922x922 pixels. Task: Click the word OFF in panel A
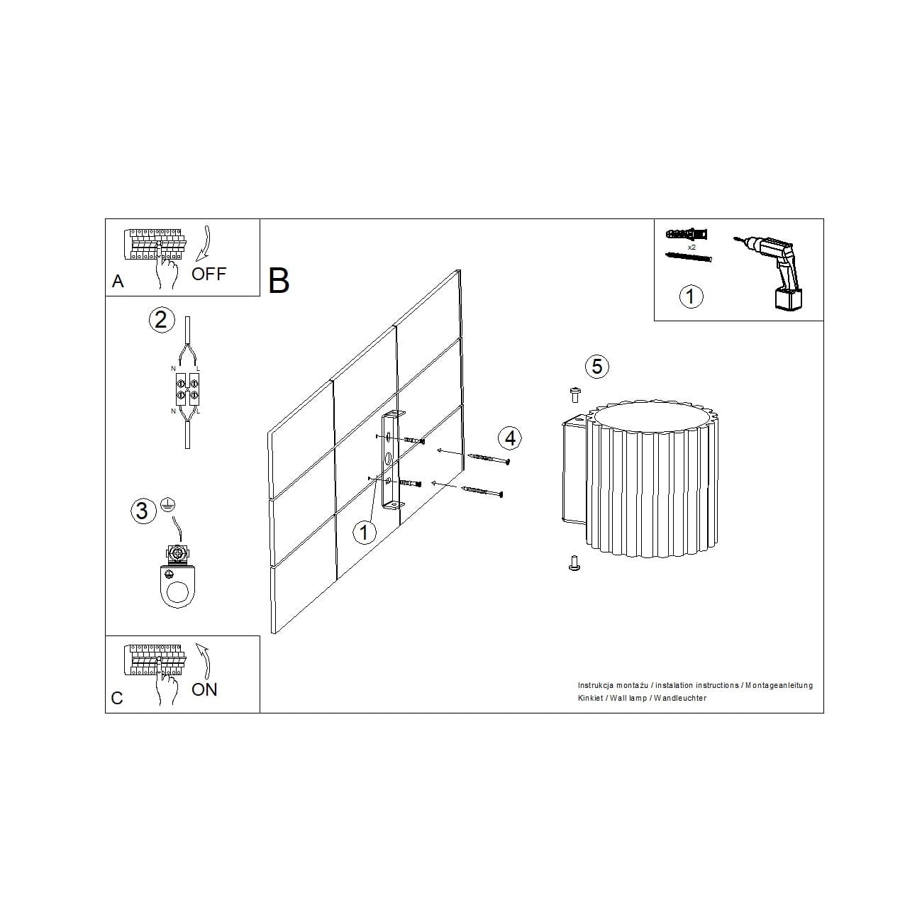tap(209, 274)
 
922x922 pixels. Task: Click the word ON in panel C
tap(204, 689)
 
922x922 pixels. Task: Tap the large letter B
tap(279, 281)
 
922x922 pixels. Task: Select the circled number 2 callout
tap(161, 320)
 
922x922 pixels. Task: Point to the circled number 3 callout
tap(143, 510)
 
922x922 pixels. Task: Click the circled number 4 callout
tap(510, 438)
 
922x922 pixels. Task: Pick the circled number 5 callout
tap(597, 366)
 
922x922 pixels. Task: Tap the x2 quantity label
tap(691, 248)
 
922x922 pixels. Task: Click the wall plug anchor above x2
tap(687, 235)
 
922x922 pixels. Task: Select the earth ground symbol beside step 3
tap(168, 505)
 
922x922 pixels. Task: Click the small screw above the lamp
tap(575, 395)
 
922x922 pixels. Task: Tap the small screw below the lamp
tap(574, 563)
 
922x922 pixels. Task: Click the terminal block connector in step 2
tap(187, 389)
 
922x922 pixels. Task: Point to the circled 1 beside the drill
tap(691, 296)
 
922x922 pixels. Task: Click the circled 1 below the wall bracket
tap(364, 532)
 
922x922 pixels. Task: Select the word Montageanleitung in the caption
tap(779, 686)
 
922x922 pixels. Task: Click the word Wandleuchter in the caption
tap(680, 698)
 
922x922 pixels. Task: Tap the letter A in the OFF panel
tap(118, 282)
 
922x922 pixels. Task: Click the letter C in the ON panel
tap(117, 698)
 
